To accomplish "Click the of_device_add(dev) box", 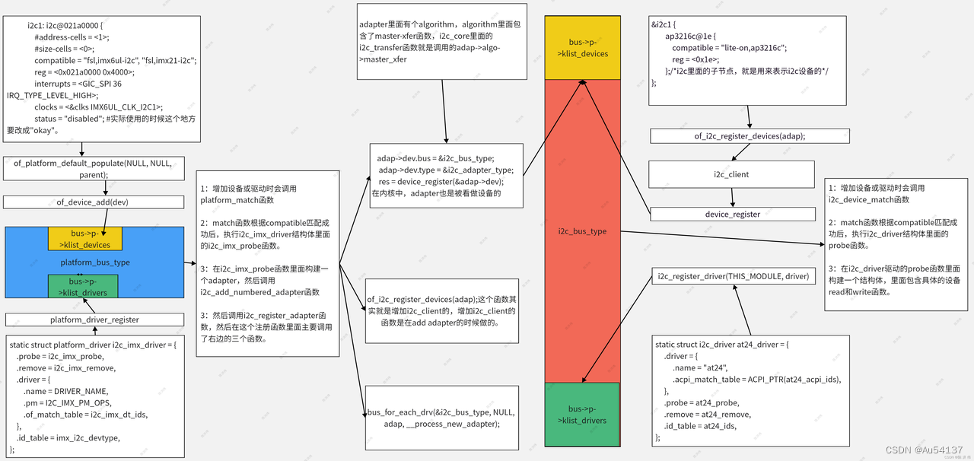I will tap(94, 202).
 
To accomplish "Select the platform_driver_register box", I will tap(94, 320).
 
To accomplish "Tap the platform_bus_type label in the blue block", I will tap(95, 262).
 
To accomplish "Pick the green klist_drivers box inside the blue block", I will tap(82, 286).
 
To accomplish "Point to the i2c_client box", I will tap(731, 174).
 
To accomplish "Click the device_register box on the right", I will tap(732, 215).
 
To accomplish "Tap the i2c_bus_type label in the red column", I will tap(582, 230).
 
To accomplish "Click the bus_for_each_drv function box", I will tap(441, 418).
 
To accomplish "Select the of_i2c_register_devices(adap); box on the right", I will tap(749, 135).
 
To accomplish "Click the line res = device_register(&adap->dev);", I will tap(441, 181).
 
